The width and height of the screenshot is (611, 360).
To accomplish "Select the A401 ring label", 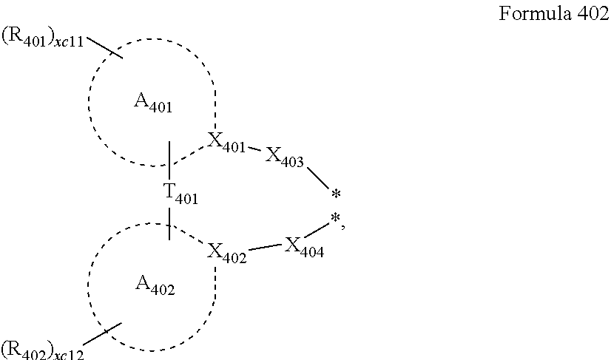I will click(x=153, y=104).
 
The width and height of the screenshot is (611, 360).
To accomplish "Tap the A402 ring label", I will click(x=155, y=284).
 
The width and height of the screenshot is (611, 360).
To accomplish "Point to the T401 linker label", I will click(x=180, y=194).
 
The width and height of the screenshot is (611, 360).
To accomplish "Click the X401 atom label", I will click(x=226, y=143).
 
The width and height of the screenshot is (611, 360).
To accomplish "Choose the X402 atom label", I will click(x=227, y=251).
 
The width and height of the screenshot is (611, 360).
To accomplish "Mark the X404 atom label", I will click(x=304, y=246).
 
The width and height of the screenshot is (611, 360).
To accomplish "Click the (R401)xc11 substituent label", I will click(x=44, y=36).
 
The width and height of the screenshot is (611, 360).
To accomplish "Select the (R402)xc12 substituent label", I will click(x=42, y=348).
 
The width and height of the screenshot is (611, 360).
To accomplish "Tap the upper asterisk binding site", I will click(x=336, y=195).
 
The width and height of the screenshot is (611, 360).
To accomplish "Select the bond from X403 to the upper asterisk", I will click(x=317, y=177).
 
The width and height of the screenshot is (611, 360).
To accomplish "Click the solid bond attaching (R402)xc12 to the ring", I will click(x=100, y=335).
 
